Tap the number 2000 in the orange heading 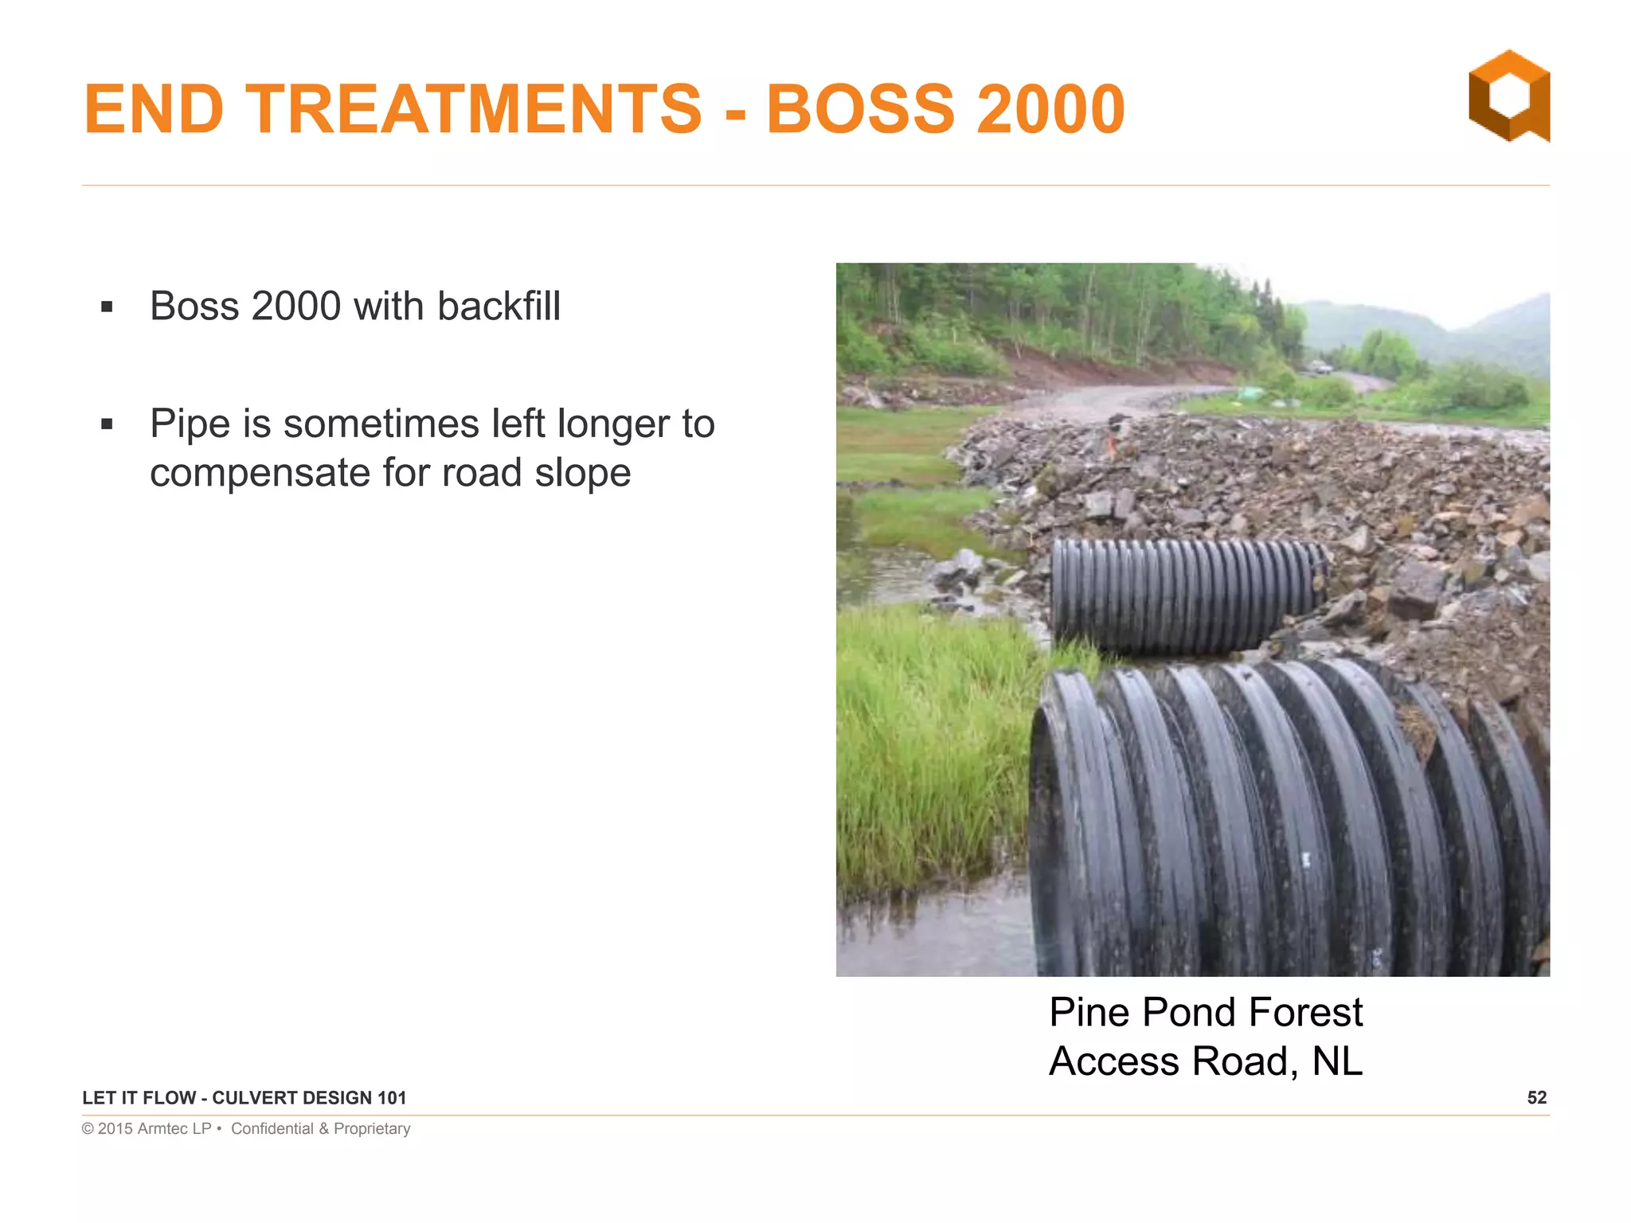click(1050, 109)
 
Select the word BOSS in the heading click(860, 109)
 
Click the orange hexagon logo click(1509, 96)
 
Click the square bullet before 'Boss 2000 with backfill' click(108, 307)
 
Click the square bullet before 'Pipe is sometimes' click(108, 424)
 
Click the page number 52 click(1536, 1098)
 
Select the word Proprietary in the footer click(372, 1128)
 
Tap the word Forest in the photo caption click(1305, 1013)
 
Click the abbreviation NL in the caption click(1337, 1061)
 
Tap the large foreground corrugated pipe click(1274, 820)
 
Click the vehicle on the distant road click(1320, 367)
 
